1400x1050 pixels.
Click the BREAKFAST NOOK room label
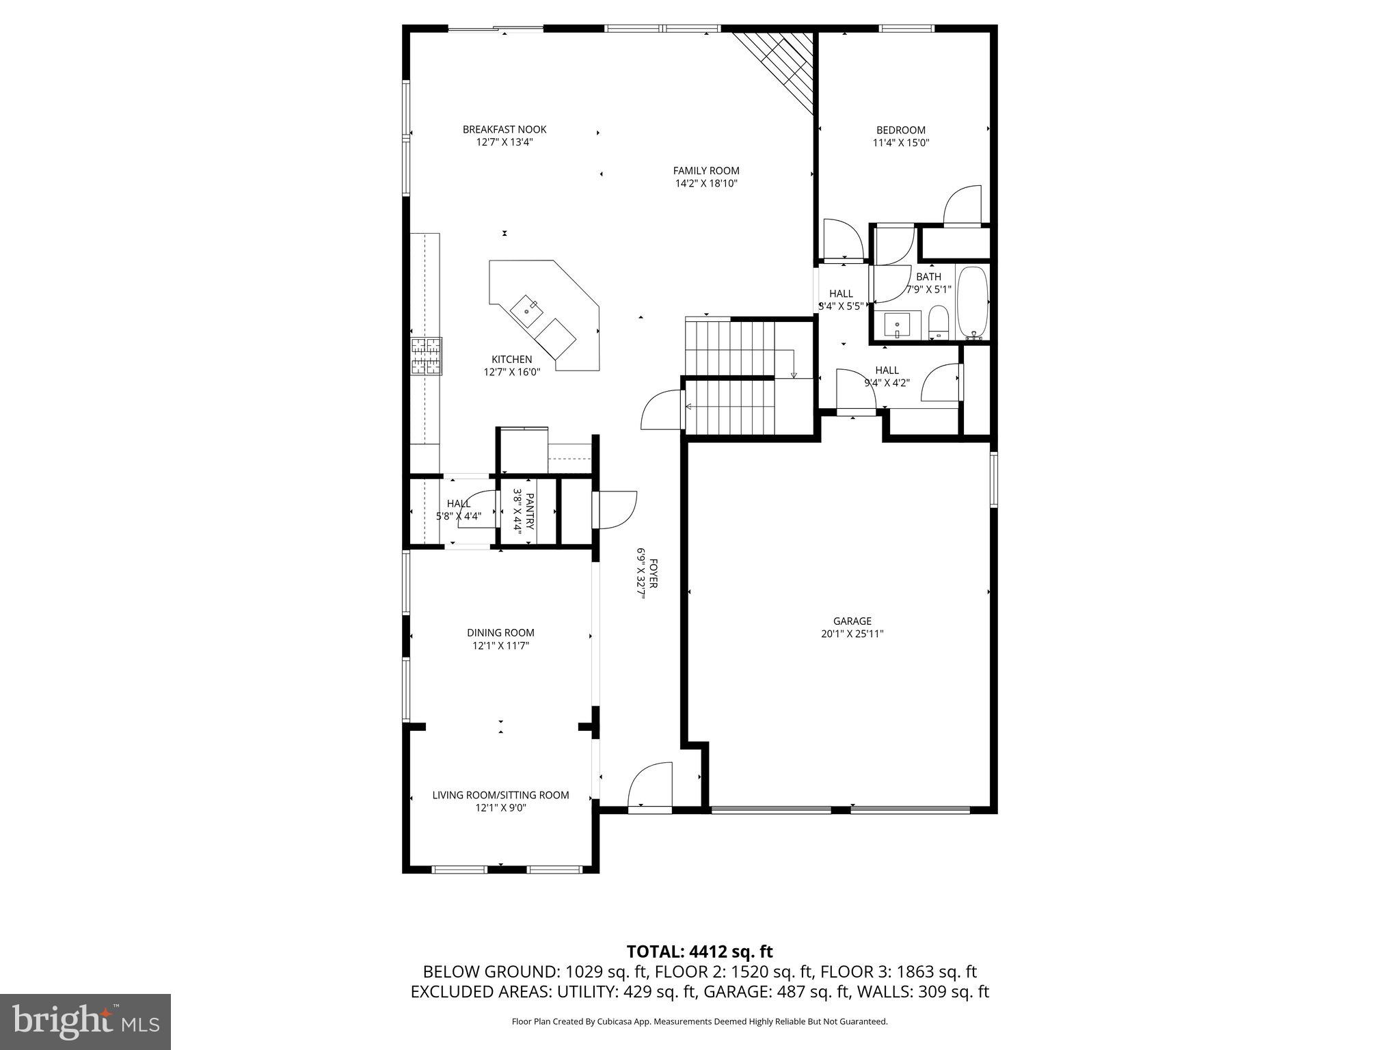point(504,130)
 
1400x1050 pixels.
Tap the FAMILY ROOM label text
point(706,171)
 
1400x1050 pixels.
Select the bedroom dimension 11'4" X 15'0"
point(901,143)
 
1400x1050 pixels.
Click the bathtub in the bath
point(972,302)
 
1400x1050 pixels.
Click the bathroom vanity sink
point(897,325)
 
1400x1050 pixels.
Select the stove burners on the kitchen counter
point(426,356)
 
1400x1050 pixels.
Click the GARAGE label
point(852,621)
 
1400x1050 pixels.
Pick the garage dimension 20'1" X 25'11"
point(852,634)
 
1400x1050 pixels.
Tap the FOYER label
point(653,574)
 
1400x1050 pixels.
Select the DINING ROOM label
point(501,632)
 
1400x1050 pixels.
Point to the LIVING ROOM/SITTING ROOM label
point(500,795)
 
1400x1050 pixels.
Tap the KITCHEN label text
point(511,360)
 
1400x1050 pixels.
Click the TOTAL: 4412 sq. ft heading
point(699,952)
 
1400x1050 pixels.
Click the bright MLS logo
point(85,1021)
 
